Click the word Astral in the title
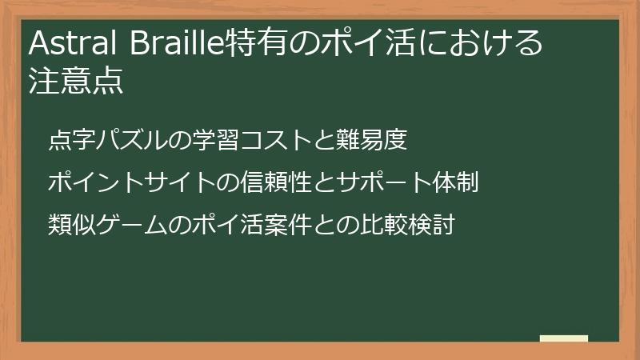(65, 44)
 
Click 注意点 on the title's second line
(76, 82)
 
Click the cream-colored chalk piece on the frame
(563, 338)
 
